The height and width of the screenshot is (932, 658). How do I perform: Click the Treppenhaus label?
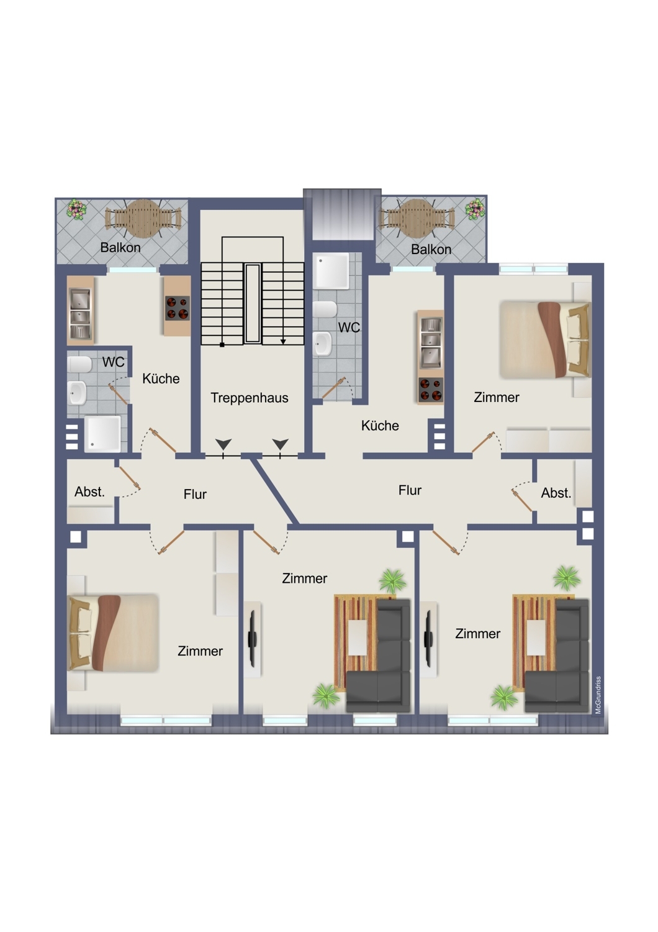250,398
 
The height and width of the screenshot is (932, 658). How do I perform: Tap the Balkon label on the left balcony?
120,247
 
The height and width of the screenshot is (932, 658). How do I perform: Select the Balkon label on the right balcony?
431,249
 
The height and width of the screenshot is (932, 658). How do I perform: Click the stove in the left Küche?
178,308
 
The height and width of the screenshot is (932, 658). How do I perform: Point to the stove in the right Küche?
431,390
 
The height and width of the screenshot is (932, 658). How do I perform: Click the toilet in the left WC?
80,364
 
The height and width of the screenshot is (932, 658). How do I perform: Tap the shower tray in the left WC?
102,434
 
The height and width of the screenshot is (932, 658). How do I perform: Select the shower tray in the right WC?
331,271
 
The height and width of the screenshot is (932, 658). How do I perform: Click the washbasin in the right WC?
322,343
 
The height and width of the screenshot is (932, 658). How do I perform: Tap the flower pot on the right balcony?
475,209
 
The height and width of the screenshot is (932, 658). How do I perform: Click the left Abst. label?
89,492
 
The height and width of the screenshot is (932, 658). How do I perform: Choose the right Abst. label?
556,493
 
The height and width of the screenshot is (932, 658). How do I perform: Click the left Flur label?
195,495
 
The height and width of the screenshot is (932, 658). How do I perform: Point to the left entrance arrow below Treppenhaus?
223,444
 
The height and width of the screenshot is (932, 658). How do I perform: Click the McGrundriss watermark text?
598,695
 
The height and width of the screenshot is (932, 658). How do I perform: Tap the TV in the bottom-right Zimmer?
428,639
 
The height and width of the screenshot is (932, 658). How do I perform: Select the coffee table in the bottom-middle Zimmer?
357,637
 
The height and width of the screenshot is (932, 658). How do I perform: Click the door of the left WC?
119,394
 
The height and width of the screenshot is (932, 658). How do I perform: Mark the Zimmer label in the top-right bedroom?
497,398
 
